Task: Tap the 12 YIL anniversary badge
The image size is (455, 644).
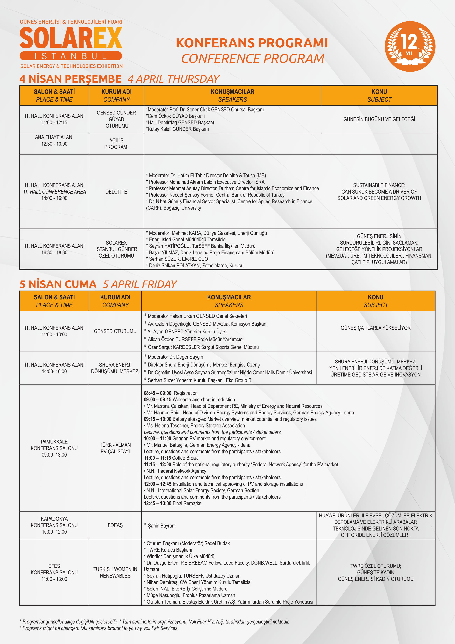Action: [410, 46]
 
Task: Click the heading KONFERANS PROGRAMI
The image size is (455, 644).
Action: [252, 43]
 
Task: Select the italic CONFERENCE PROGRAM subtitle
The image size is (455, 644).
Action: [252, 59]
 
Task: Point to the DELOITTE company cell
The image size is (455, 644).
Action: [116, 192]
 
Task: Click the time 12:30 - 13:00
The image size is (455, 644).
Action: [54, 144]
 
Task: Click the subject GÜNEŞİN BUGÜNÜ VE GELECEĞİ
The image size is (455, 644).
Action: [379, 119]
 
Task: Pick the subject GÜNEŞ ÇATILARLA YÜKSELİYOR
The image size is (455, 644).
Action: [375, 328]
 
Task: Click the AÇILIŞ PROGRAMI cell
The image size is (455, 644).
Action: [116, 144]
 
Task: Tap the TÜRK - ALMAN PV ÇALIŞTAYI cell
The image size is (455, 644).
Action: [115, 448]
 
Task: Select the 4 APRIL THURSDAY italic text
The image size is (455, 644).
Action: [173, 79]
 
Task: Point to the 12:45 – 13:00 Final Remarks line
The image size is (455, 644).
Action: [172, 503]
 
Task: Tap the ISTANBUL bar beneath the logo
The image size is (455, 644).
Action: [71, 56]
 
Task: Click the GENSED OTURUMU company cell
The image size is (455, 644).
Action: [115, 331]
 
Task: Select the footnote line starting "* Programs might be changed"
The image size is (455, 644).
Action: [99, 628]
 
